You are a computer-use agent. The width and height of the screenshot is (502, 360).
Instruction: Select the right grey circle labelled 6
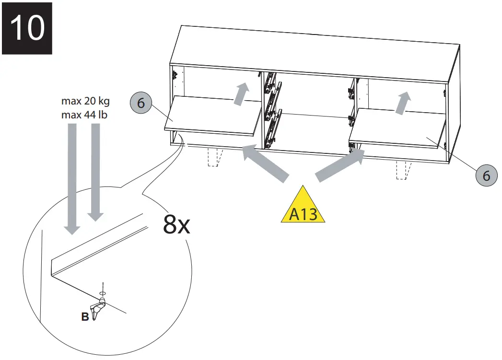(x=486, y=175)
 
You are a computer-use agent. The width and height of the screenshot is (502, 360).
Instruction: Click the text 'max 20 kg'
(x=86, y=102)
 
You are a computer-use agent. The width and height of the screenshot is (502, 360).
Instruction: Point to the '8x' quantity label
(x=176, y=224)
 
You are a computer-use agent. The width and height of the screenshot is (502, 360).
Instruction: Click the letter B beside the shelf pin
(x=84, y=317)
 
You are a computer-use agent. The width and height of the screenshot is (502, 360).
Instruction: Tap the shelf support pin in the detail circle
(x=99, y=308)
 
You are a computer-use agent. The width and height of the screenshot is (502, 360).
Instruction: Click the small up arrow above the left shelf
(x=242, y=93)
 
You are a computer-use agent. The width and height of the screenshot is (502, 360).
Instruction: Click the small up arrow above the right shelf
(x=404, y=103)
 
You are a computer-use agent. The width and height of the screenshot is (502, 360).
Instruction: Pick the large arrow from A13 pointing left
(x=266, y=165)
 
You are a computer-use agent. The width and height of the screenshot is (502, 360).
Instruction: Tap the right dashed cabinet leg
(x=404, y=170)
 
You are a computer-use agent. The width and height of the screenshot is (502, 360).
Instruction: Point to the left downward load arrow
(x=72, y=177)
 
